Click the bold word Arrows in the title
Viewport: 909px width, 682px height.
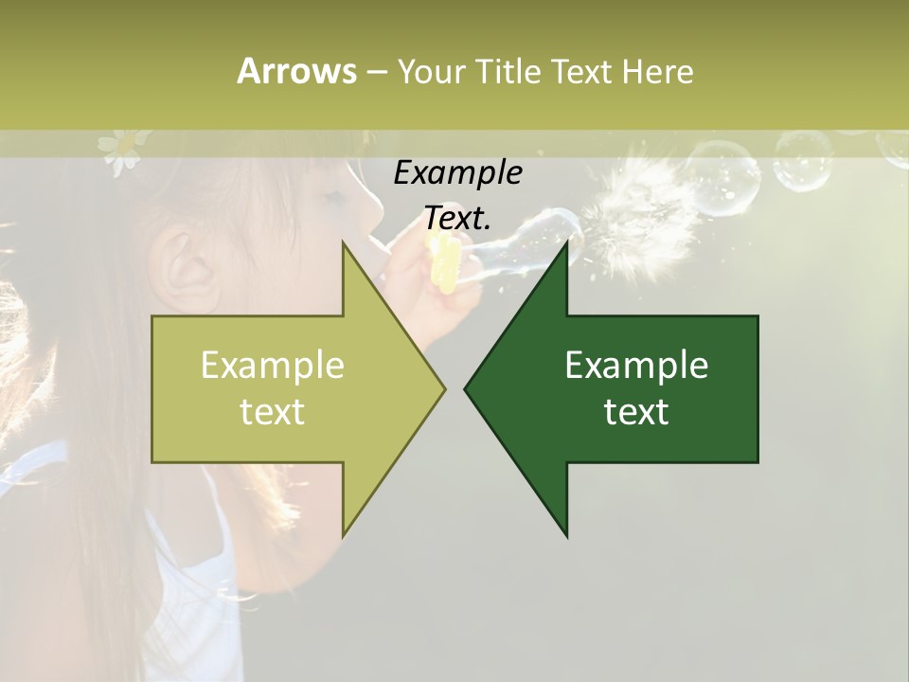[x=296, y=71]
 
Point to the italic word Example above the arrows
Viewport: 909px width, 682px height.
[x=457, y=172]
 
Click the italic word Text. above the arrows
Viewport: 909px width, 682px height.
[x=457, y=218]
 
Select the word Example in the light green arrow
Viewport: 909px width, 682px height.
[x=272, y=366]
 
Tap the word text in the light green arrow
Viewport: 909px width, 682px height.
[x=272, y=411]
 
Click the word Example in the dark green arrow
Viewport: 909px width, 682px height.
[x=636, y=366]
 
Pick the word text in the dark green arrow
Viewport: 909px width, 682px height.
[x=636, y=411]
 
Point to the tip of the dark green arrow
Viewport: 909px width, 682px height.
[x=467, y=388]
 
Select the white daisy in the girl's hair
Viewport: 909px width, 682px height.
[x=119, y=150]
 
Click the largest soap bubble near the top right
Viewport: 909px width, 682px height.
[x=724, y=176]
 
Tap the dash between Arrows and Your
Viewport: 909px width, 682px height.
[x=376, y=72]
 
